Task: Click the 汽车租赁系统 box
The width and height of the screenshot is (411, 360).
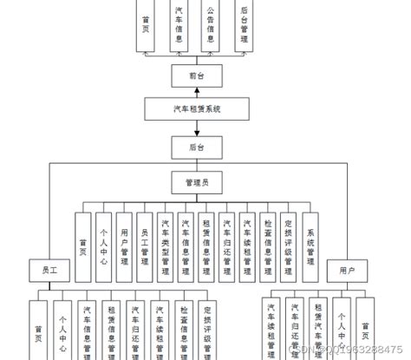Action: point(197,109)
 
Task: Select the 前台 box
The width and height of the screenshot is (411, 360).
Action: point(197,76)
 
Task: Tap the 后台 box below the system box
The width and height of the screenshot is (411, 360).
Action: point(197,148)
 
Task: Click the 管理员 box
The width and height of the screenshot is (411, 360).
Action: point(197,183)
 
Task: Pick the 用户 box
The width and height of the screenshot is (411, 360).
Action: point(347,271)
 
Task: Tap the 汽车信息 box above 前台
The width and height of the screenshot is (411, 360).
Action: point(179,26)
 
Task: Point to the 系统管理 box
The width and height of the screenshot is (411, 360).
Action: point(311,246)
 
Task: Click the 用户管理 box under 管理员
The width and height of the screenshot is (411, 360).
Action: point(125,246)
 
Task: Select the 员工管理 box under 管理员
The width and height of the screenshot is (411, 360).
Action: point(146,246)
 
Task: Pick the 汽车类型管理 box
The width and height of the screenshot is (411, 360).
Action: point(166,246)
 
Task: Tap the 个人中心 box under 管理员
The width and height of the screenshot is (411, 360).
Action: point(104,246)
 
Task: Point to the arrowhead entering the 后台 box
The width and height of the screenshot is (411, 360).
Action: point(197,136)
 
